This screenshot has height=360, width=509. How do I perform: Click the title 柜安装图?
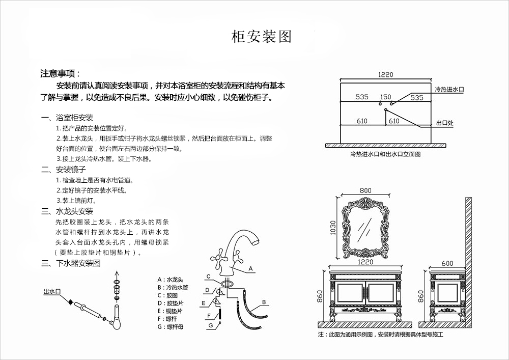262,37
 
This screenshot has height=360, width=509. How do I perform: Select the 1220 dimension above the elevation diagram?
386,75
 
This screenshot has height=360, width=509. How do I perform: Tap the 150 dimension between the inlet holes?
386,97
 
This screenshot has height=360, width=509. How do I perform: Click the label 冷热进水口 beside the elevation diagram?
449,89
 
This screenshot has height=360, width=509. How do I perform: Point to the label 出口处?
445,123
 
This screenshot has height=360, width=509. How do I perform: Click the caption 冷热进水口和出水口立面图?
385,154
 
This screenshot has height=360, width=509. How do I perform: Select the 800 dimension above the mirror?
365,190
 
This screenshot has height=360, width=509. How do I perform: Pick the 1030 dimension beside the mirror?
333,228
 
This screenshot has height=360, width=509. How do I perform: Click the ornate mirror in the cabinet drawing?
365,228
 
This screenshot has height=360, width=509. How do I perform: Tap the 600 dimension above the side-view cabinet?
447,263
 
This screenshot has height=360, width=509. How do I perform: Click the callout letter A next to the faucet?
250,269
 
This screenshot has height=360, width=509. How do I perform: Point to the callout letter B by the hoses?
264,302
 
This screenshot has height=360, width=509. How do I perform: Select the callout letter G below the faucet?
211,325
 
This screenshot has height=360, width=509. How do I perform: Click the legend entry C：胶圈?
168,295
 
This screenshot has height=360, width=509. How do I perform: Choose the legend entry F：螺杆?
167,319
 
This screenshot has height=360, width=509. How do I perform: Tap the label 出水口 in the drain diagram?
52,291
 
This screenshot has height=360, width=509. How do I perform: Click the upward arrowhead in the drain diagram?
117,273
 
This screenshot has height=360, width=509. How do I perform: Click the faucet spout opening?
257,241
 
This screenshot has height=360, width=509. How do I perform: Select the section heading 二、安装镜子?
64,170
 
